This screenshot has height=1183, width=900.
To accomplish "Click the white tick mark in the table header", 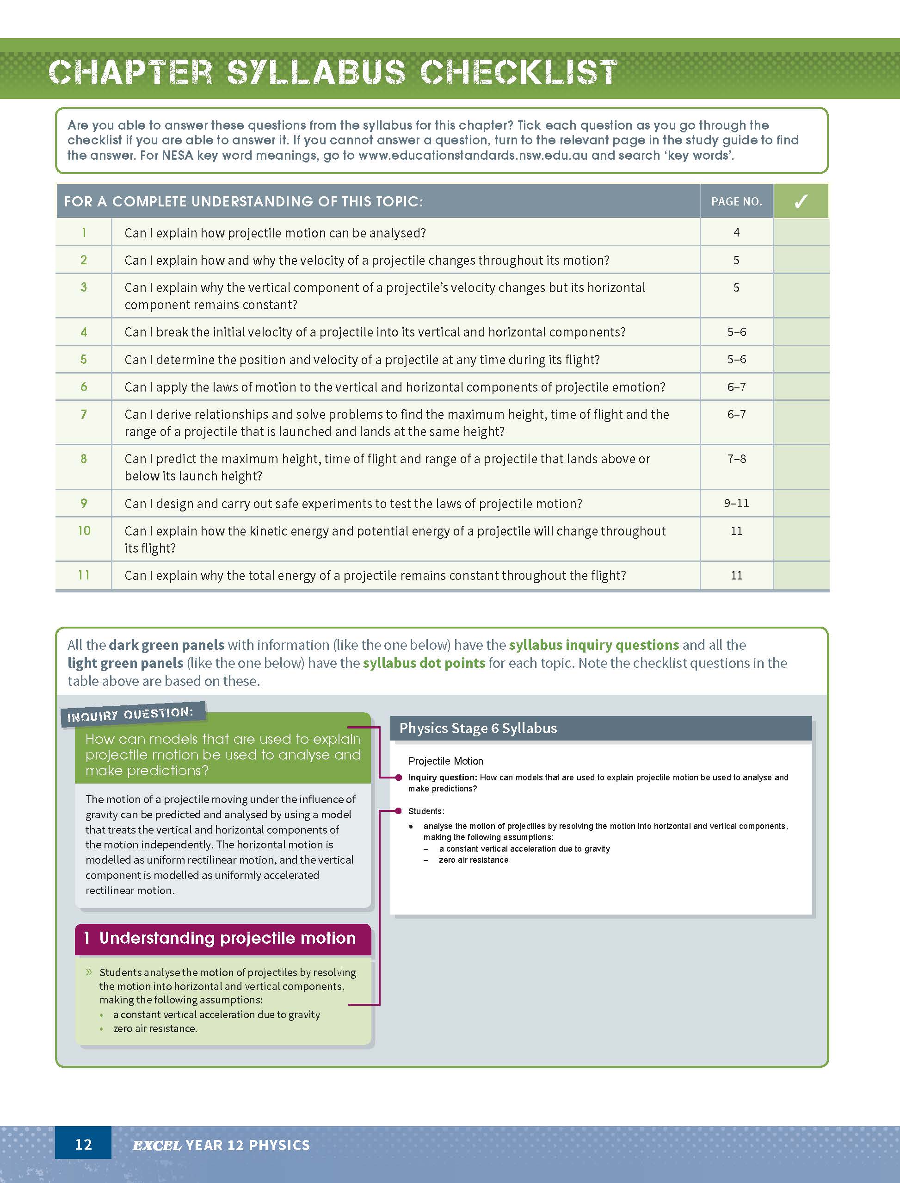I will point(801,201).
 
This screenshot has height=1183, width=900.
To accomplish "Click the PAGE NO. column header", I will point(736,201).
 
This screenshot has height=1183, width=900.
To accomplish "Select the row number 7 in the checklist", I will point(84,414).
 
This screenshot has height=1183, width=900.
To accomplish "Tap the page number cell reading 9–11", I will point(736,503).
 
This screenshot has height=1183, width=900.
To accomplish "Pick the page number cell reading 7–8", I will point(736,459).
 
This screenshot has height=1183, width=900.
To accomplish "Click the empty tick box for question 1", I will point(801,233).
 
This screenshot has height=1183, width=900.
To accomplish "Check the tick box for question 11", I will point(801,575).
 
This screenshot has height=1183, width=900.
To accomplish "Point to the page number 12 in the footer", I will point(84,1145).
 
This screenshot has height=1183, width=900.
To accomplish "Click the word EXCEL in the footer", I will point(156,1145).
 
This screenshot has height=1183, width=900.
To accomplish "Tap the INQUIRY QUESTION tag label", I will point(129,715).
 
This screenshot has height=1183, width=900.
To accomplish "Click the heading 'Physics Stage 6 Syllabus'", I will point(478,728).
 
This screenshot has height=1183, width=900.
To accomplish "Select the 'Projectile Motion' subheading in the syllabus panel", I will point(445,761).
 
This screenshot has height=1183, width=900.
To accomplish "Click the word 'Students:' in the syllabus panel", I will point(426,811).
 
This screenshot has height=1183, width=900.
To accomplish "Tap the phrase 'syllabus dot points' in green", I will point(424,663).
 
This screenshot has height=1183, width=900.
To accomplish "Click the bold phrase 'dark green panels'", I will point(166,645).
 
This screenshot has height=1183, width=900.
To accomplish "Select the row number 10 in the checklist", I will point(84,531).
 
